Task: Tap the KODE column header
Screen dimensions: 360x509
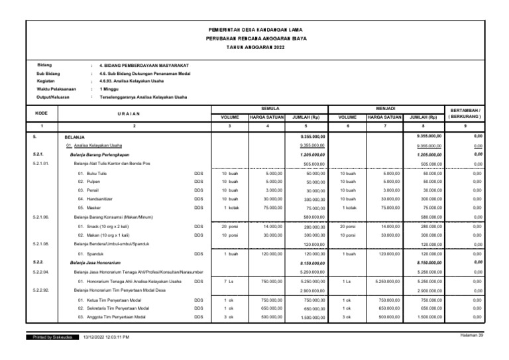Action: [x=42, y=113]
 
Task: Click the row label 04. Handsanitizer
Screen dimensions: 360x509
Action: [x=97, y=198]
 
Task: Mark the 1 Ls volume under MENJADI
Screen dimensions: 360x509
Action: [x=347, y=281]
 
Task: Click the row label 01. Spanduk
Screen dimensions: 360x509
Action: [x=92, y=254]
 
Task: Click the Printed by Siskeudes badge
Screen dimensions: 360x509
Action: [x=52, y=337]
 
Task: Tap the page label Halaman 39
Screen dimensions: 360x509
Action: [x=471, y=336]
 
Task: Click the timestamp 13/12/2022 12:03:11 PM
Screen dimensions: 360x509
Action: [x=107, y=337]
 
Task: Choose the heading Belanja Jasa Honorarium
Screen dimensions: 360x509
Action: [x=99, y=263]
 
